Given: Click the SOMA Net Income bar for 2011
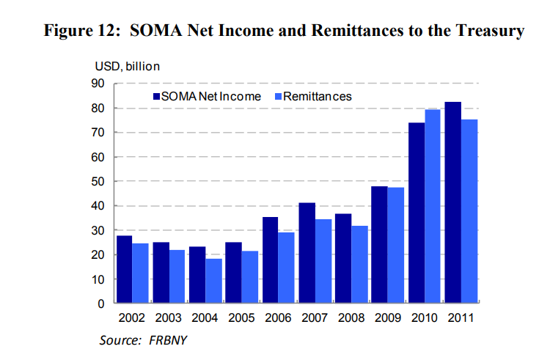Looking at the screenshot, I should coord(453,202).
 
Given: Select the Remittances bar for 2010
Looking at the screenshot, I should coord(433,206).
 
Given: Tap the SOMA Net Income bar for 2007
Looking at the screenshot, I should coord(307,253).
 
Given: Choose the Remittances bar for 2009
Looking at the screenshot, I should coord(396,245).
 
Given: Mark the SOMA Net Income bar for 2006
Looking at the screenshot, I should coord(270,260).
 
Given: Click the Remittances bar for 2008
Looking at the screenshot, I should coord(359,264).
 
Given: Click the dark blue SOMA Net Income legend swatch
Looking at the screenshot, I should coord(155,96).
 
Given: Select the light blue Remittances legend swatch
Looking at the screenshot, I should coord(277,96).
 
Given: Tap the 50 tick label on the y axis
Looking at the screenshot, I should coord(99,181).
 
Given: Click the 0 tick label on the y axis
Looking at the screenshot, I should coord(103,304).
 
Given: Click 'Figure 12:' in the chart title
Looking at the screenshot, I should coord(83,31).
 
